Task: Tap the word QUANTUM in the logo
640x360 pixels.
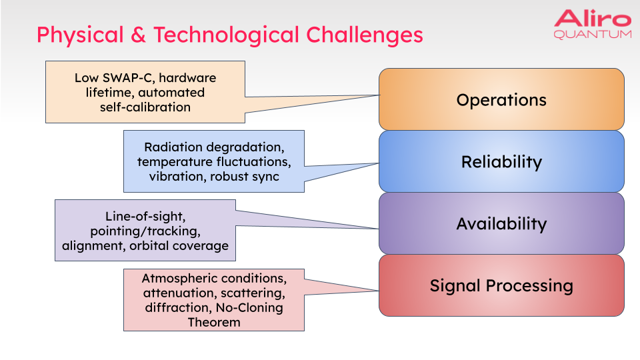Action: [x=592, y=34]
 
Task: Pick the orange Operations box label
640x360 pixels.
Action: [x=501, y=100]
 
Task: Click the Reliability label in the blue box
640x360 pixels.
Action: [x=501, y=162]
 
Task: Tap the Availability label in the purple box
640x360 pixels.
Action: [x=501, y=224]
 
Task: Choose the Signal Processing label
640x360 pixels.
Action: [x=501, y=286]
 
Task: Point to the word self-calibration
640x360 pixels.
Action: [x=145, y=107]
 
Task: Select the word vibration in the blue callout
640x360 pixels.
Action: [x=177, y=177]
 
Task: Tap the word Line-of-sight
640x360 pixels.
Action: [x=145, y=217]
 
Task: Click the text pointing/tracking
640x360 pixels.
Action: [x=145, y=231]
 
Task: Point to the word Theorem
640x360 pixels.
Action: [x=213, y=322]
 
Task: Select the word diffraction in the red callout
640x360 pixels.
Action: [x=175, y=307]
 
